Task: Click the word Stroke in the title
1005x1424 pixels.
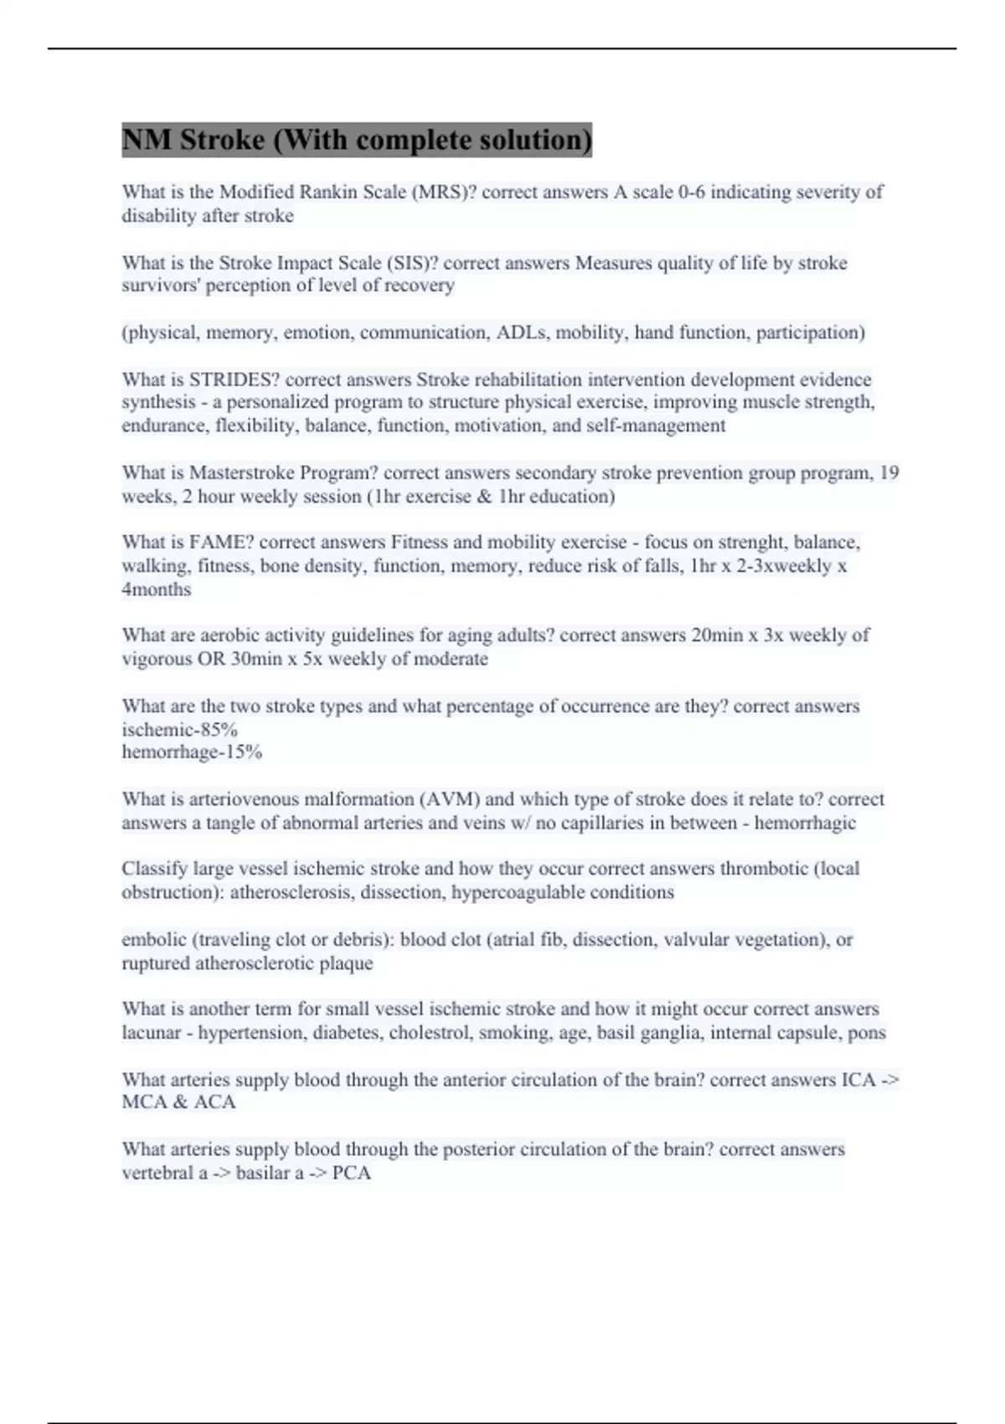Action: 222,139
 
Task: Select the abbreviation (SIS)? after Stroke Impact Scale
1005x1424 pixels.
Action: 412,263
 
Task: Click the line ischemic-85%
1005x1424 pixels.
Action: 180,729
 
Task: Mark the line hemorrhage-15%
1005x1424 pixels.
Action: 192,751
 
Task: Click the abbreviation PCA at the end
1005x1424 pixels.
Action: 352,1173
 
